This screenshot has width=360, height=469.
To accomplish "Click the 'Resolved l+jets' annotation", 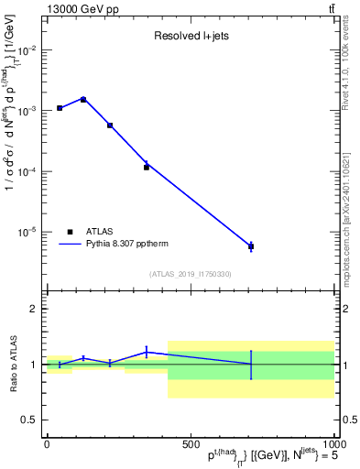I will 190,37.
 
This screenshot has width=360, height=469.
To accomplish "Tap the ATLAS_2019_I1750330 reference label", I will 191,274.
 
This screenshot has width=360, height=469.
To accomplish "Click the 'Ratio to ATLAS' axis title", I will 12,365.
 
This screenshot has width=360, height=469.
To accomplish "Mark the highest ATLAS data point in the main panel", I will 83,99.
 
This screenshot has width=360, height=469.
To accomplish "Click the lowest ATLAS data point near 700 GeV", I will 251,246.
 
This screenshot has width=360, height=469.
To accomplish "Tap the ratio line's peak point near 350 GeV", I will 147,352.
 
